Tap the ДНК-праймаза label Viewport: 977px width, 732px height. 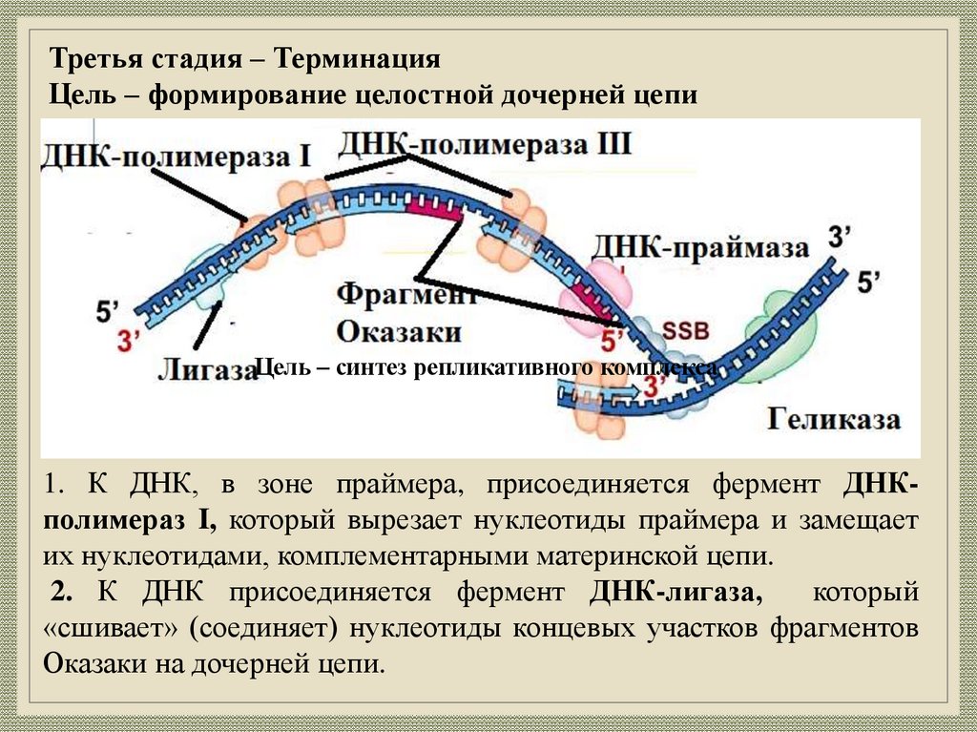pos(701,247)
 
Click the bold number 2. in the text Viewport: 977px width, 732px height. pos(64,593)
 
